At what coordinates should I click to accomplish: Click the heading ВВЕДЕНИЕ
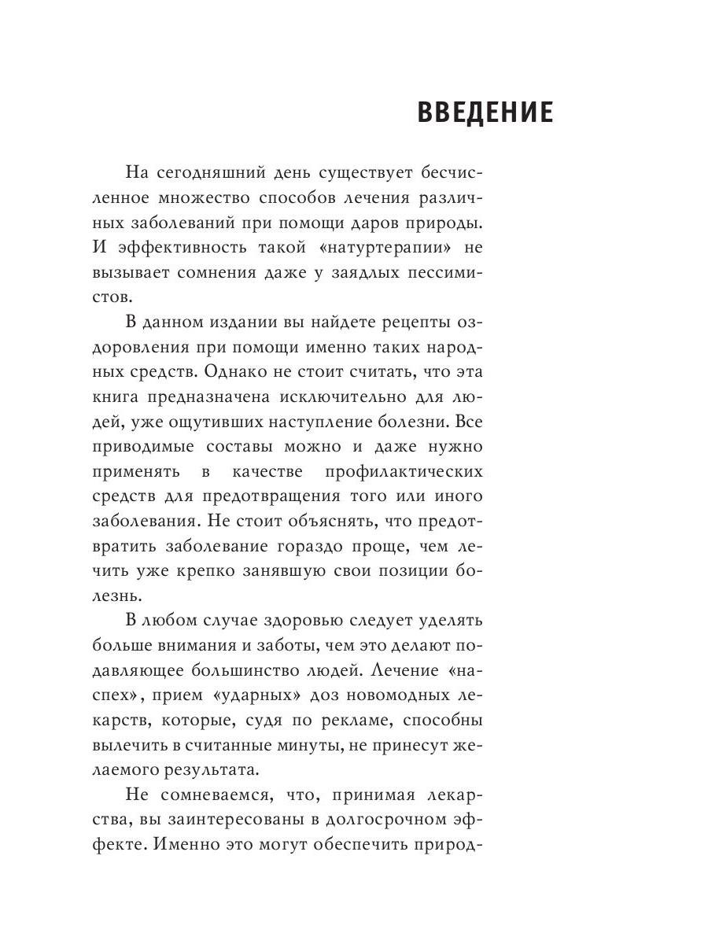click(485, 113)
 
